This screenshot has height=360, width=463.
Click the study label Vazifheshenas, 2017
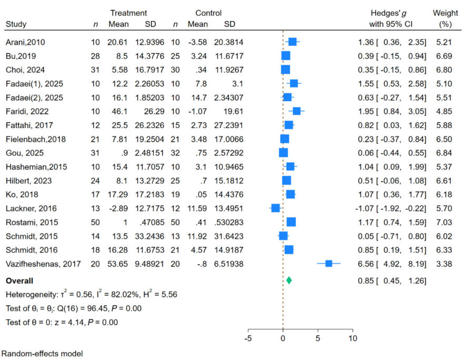pos(43,264)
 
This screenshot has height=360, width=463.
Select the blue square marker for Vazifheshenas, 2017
pos(329,264)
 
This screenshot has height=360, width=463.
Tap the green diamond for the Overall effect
pos(289,280)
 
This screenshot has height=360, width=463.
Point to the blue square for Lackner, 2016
pos(275,208)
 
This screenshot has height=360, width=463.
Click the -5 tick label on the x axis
pos(248,338)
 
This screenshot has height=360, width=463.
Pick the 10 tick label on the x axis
pos(353,338)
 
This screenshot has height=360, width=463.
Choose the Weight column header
pos(445,13)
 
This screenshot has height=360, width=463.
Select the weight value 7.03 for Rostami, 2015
pos(445,222)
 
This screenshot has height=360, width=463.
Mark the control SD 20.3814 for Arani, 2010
pos(228,42)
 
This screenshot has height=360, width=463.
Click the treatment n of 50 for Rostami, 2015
pos(94,222)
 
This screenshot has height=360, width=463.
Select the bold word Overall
pos(19,280)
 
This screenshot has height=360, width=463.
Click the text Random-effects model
pos(43,354)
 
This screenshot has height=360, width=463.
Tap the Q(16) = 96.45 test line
pos(73,308)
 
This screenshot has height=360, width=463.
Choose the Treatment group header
pos(128,13)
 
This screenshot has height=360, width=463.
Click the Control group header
pos(208,13)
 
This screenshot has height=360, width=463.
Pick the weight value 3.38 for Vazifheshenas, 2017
pos(445,264)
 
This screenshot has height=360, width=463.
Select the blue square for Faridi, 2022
pos(297,111)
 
